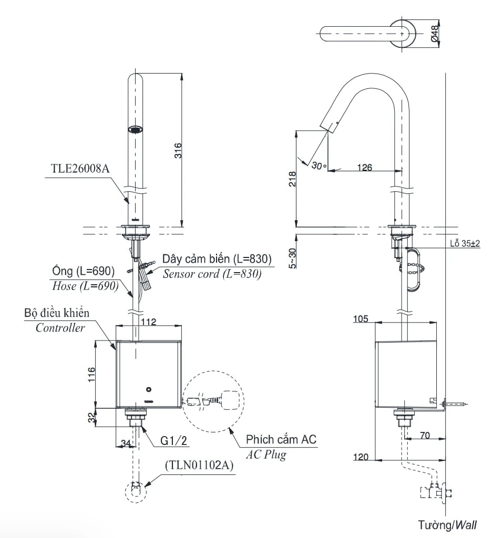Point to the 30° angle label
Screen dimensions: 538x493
pyautogui.click(x=319, y=165)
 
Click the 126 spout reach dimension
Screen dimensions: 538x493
pyautogui.click(x=364, y=168)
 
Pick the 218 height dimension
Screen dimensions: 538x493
pyautogui.click(x=292, y=179)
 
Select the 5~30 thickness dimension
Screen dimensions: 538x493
pyautogui.click(x=293, y=258)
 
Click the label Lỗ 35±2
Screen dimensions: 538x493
pyautogui.click(x=465, y=244)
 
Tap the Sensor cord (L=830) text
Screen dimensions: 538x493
pyautogui.click(x=212, y=274)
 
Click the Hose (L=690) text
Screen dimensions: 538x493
pyautogui.click(x=83, y=286)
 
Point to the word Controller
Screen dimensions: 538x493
pyautogui.click(x=60, y=328)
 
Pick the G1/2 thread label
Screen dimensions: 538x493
pyautogui.click(x=174, y=441)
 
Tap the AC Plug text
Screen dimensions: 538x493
pyautogui.click(x=266, y=455)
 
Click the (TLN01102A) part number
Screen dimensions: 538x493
pyautogui.click(x=199, y=465)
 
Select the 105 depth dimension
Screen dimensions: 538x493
pyautogui.click(x=361, y=318)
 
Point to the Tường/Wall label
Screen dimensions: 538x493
pyautogui.click(x=447, y=524)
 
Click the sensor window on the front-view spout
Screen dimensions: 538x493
pyautogui.click(x=136, y=129)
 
